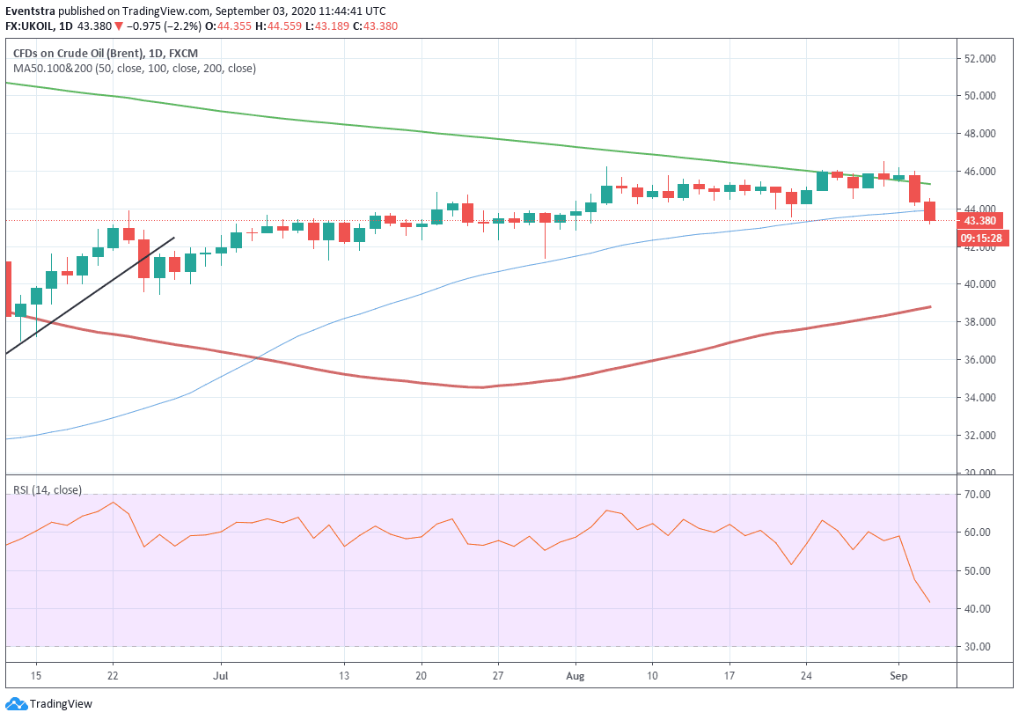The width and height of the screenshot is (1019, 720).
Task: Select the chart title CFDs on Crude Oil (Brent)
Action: tap(84, 53)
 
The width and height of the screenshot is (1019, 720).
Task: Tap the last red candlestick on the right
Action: tap(929, 211)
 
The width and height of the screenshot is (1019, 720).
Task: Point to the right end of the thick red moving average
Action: tap(930, 306)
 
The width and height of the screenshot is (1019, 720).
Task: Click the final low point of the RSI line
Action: tap(930, 603)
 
